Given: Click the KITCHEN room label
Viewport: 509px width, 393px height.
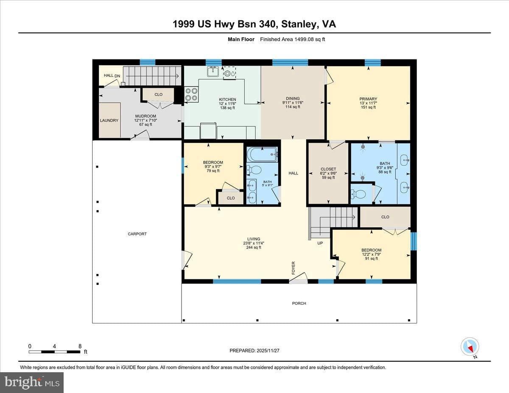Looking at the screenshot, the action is (x=227, y=99).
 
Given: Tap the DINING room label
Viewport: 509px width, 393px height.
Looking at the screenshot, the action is (x=293, y=98).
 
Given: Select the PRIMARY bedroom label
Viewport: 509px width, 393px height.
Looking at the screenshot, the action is (x=368, y=99).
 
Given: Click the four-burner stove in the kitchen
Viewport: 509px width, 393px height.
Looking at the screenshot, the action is (x=191, y=95).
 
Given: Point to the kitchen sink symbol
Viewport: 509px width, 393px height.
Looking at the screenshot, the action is (x=213, y=71).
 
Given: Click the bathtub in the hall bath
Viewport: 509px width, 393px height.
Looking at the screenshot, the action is (x=262, y=154).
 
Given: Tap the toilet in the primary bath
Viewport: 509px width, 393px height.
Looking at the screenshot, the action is (x=358, y=194).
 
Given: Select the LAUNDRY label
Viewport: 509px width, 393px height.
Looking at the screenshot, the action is (x=109, y=120).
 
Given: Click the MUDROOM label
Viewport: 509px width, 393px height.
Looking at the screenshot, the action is (x=145, y=116).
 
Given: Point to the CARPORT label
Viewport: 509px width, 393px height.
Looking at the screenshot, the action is (x=137, y=234).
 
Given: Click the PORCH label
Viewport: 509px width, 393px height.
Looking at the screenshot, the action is (x=299, y=304).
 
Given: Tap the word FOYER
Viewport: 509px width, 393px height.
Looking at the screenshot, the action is (x=293, y=268).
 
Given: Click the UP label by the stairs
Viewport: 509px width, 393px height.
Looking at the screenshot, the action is (x=320, y=243).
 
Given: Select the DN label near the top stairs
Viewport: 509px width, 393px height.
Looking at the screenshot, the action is (x=117, y=76).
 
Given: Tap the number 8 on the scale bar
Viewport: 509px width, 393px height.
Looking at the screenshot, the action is (x=80, y=346).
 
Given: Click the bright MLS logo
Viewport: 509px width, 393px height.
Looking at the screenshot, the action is (x=32, y=382).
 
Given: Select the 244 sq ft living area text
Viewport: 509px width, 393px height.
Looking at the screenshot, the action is (x=254, y=248).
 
